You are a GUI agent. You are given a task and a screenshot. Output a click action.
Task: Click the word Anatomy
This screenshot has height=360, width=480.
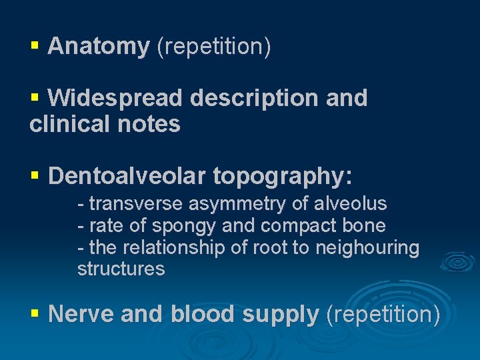(99, 47)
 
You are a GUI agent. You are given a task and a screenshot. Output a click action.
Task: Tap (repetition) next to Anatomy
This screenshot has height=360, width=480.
(213, 47)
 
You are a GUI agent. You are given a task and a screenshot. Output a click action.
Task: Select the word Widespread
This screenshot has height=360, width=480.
(115, 98)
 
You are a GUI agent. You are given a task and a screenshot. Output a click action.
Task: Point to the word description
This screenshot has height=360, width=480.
(255, 98)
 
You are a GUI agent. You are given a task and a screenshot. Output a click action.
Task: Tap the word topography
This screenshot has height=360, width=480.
(282, 176)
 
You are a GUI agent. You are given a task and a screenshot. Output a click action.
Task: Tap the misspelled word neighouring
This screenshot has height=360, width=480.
(367, 248)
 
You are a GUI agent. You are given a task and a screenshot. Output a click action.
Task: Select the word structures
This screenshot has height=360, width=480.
(121, 269)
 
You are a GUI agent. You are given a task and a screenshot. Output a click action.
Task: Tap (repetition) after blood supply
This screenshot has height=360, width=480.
(383, 314)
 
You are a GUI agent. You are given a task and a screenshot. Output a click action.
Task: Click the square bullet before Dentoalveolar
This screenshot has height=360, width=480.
(35, 176)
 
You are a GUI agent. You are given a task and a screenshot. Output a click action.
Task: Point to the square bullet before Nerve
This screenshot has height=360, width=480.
(35, 313)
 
